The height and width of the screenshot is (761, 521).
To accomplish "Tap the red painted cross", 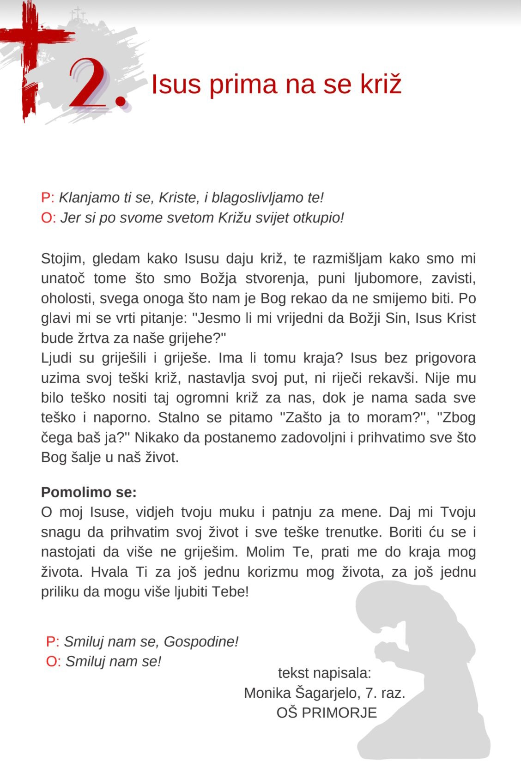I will pos(29,55).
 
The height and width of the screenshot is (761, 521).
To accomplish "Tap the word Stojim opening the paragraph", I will pos(63,259).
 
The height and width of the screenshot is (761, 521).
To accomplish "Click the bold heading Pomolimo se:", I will pos(89,492).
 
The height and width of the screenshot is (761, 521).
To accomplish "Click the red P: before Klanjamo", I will pos(48,198).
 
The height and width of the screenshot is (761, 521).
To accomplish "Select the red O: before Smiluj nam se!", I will pos(53,661).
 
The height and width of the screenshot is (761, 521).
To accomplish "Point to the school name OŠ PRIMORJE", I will pos(327,713).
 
